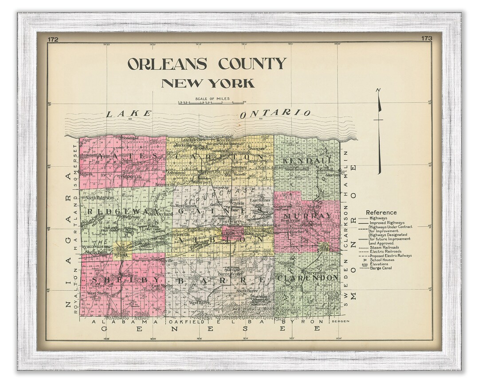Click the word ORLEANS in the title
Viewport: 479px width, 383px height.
167,64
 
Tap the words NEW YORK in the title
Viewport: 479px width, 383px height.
208,83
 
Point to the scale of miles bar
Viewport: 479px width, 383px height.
211,102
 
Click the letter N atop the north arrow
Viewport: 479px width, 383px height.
378,91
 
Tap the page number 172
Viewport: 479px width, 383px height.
53,39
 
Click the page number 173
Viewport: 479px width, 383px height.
426,39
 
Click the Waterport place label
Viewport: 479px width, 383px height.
201,181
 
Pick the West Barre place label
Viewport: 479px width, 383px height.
199,302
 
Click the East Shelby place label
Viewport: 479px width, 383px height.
162,286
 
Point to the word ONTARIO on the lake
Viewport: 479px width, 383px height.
275,113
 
